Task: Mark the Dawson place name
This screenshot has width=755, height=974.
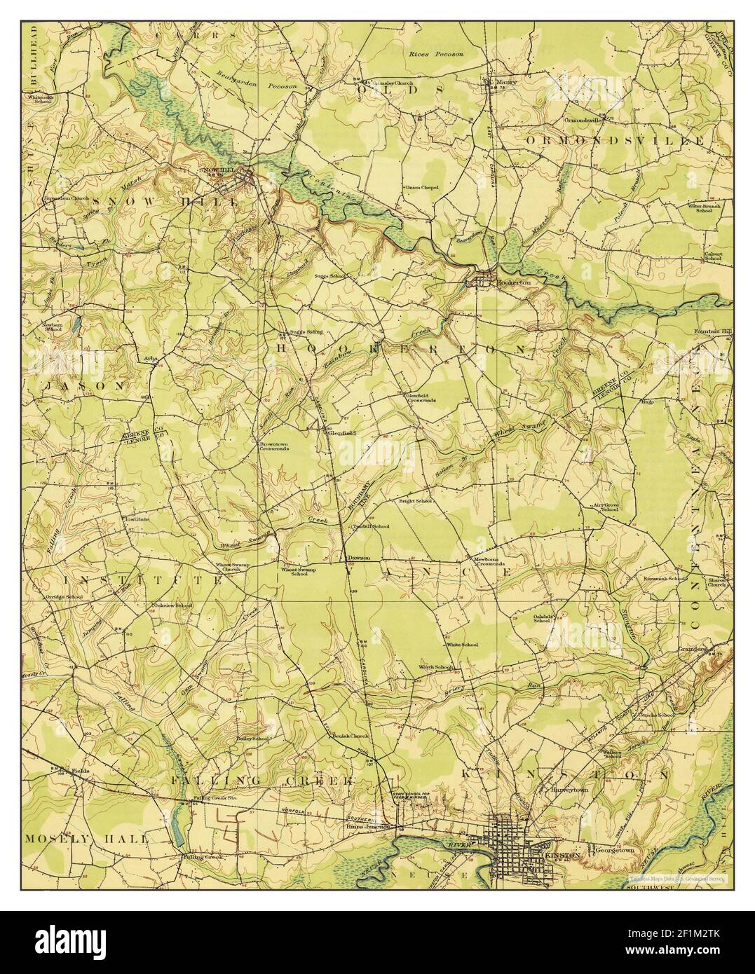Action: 358,558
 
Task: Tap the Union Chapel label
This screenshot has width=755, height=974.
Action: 421,188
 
